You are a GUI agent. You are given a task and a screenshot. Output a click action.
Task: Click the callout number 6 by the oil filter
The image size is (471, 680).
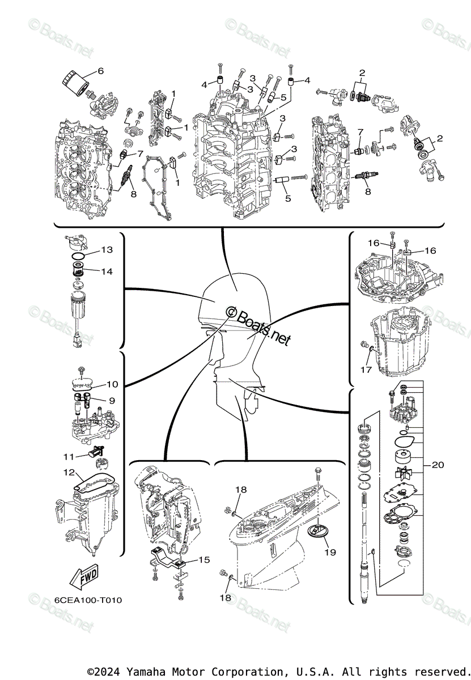(x=101, y=71)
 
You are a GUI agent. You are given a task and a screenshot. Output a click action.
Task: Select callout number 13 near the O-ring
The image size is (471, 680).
(x=107, y=250)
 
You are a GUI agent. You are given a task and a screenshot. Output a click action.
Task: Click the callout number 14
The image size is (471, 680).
(x=107, y=271)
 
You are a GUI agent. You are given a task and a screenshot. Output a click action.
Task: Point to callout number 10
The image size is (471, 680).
(x=112, y=385)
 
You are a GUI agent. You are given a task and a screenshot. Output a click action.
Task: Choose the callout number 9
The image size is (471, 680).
(x=112, y=401)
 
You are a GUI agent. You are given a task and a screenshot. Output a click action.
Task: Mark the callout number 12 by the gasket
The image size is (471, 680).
(x=69, y=471)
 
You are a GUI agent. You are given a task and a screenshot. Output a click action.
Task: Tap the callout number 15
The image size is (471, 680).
(x=203, y=559)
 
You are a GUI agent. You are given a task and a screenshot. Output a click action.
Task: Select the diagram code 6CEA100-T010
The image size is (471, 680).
(x=88, y=600)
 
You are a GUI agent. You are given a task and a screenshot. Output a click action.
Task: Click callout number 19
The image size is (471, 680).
(x=329, y=551)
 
